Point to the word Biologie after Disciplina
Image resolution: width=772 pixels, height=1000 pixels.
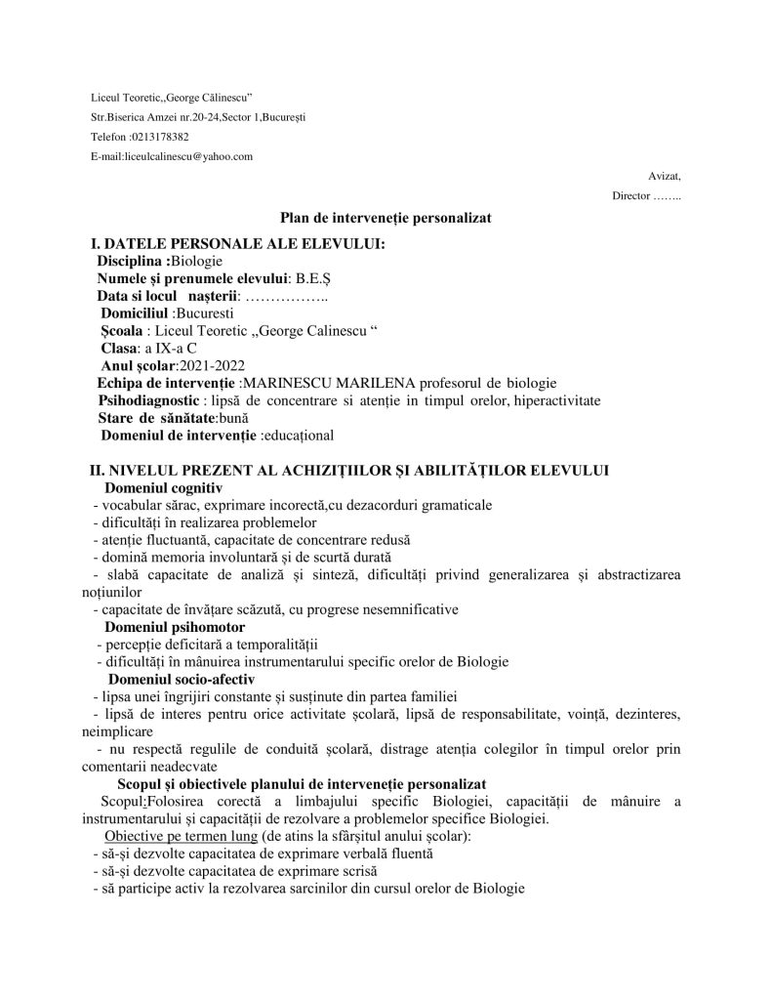point(197,261)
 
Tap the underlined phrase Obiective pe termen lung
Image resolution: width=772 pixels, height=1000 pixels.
point(180,836)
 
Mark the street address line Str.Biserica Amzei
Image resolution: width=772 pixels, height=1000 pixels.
point(198,117)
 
